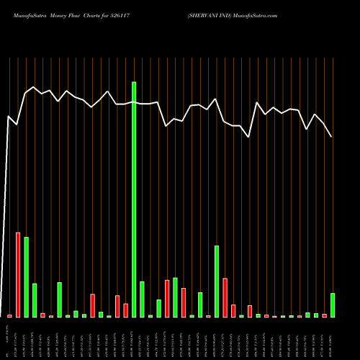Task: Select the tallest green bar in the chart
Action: tap(134, 199)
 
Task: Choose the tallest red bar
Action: tap(18, 274)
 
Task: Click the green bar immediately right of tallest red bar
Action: tap(26, 276)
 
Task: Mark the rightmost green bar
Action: tap(333, 305)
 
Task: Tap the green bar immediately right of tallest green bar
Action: tap(142, 299)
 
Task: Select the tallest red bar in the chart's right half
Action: tap(225, 297)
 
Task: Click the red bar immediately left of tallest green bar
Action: tap(125, 310)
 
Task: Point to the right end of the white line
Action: tap(332, 136)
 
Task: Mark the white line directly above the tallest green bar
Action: tap(134, 103)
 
